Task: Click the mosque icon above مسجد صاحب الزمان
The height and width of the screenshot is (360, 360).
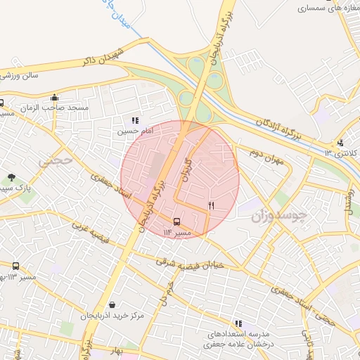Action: (55, 98)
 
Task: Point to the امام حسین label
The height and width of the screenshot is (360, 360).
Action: (133, 131)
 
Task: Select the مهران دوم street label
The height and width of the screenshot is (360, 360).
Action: (264, 160)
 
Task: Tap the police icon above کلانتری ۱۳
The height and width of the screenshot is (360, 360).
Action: (340, 143)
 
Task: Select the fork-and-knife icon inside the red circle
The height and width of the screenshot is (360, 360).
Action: (211, 205)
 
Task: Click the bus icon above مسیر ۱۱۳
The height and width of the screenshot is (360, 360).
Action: (16, 266)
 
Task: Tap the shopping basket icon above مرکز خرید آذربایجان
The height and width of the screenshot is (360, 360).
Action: (112, 305)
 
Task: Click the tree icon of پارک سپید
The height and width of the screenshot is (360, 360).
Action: (11, 178)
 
